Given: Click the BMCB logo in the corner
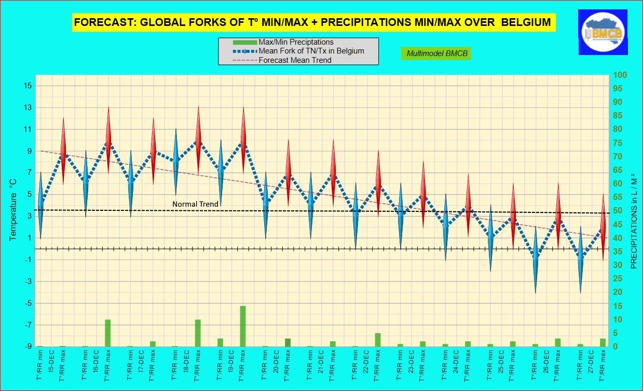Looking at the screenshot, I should coord(603,32).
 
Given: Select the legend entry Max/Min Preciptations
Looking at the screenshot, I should coord(296,42).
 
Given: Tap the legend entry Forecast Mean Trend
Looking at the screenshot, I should coord(295,60).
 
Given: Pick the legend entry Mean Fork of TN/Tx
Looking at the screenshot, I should coord(311,51).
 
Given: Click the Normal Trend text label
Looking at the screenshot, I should coord(195,204).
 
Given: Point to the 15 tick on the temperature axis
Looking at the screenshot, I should coord(28,86).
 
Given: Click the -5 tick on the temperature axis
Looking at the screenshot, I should coord(28,303).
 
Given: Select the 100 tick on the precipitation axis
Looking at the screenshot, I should coord(620,75).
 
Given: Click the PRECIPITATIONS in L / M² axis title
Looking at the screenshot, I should coord(634,221).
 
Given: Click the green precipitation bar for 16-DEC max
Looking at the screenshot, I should coord(108,333).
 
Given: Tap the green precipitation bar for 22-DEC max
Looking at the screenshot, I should coord(378,340).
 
